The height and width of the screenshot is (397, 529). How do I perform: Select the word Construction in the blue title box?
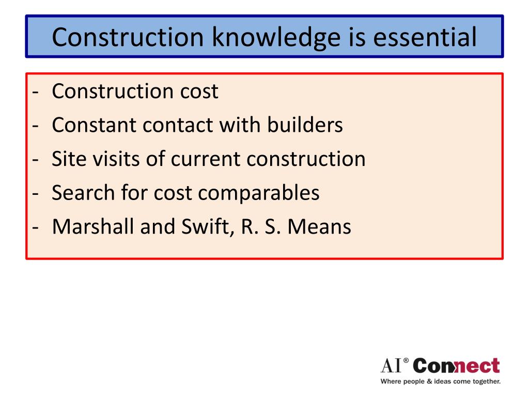click(130, 37)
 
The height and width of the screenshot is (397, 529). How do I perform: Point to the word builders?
click(305, 125)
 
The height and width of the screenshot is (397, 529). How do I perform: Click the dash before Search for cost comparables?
click(35, 193)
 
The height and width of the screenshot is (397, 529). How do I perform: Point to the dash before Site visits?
click(35, 159)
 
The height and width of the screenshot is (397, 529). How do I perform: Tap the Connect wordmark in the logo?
click(457, 366)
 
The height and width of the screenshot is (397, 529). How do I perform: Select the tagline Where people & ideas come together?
click(441, 382)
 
